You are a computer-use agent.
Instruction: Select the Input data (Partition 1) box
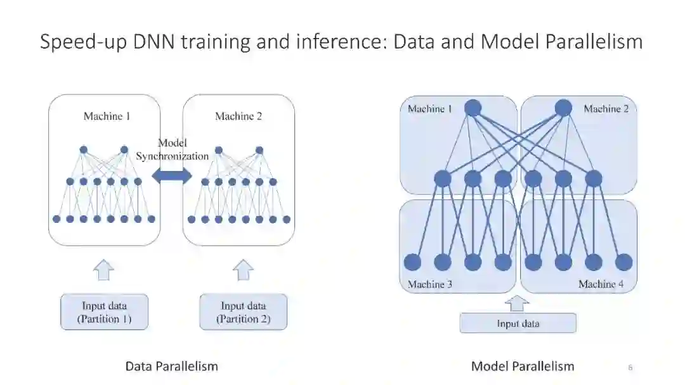pyautogui.click(x=104, y=312)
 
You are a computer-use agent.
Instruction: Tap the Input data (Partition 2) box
pyautogui.click(x=243, y=312)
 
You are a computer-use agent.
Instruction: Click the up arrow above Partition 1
pyautogui.click(x=104, y=270)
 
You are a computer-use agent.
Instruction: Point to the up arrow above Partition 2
pyautogui.click(x=243, y=270)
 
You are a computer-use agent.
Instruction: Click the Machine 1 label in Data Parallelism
pyautogui.click(x=107, y=116)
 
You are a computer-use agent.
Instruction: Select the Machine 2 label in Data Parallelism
pyautogui.click(x=238, y=116)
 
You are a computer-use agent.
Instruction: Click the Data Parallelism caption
pyautogui.click(x=171, y=366)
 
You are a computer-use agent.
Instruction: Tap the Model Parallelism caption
pyautogui.click(x=523, y=366)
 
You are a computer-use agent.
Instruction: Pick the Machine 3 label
pyautogui.click(x=429, y=284)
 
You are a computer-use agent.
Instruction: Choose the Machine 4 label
pyautogui.click(x=601, y=284)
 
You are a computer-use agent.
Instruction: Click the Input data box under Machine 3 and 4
pyautogui.click(x=518, y=324)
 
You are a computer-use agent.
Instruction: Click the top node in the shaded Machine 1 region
pyautogui.click(x=473, y=108)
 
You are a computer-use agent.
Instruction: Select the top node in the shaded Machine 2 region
pyautogui.click(x=563, y=108)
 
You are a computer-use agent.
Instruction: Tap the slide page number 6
pyautogui.click(x=630, y=367)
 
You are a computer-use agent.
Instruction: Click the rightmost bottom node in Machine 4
pyautogui.click(x=623, y=262)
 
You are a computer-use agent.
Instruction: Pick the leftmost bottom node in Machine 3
pyautogui.click(x=412, y=262)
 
